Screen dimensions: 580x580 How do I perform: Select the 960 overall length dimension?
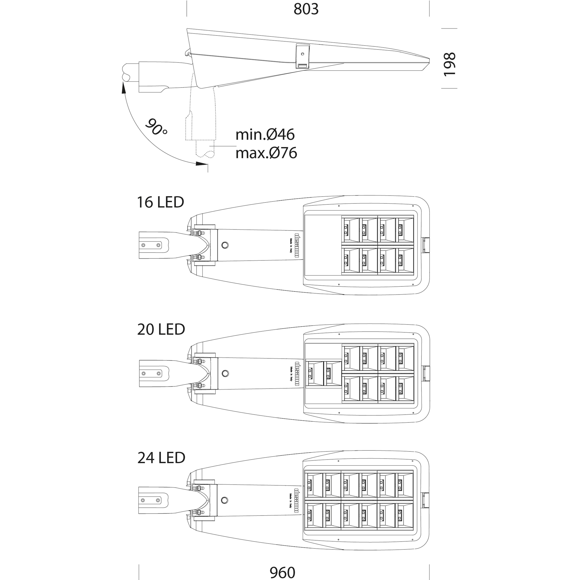click(x=282, y=572)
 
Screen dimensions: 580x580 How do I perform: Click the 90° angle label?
click(x=156, y=127)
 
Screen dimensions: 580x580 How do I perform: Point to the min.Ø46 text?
click(x=265, y=135)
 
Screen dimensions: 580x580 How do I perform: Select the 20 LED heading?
click(x=161, y=329)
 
